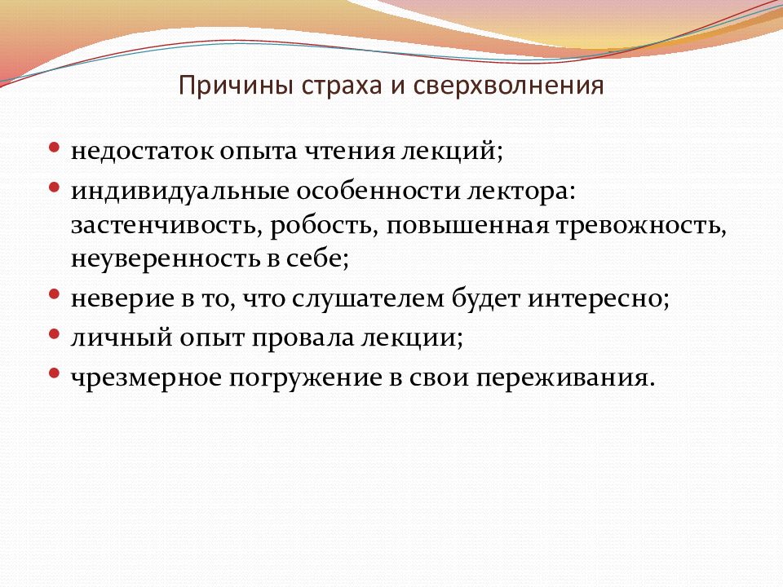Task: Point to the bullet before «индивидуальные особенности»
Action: [x=55, y=187]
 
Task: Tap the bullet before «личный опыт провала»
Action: [x=55, y=333]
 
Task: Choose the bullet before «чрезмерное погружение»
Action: [x=55, y=373]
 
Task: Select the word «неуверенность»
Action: [x=153, y=260]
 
